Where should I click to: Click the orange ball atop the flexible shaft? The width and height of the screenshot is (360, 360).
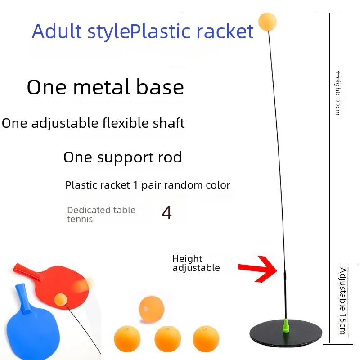click(267, 22)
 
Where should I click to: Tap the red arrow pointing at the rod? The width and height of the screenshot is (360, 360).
click(257, 269)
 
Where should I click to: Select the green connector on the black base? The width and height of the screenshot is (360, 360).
click(286, 325)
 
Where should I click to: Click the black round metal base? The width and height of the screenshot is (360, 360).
click(286, 333)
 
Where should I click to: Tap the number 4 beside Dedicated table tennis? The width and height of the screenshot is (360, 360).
click(166, 212)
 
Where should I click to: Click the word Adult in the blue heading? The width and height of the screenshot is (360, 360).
click(57, 31)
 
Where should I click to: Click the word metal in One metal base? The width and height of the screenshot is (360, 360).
click(102, 87)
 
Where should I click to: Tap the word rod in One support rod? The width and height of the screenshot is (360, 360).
click(170, 157)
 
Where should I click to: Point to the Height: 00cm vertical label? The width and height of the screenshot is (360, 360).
click(337, 93)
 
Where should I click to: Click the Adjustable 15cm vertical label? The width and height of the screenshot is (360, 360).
click(342, 301)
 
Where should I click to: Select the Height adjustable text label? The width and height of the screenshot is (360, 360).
click(196, 263)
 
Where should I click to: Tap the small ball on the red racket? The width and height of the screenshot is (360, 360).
click(61, 299)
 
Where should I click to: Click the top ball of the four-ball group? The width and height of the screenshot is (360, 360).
click(152, 309)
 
